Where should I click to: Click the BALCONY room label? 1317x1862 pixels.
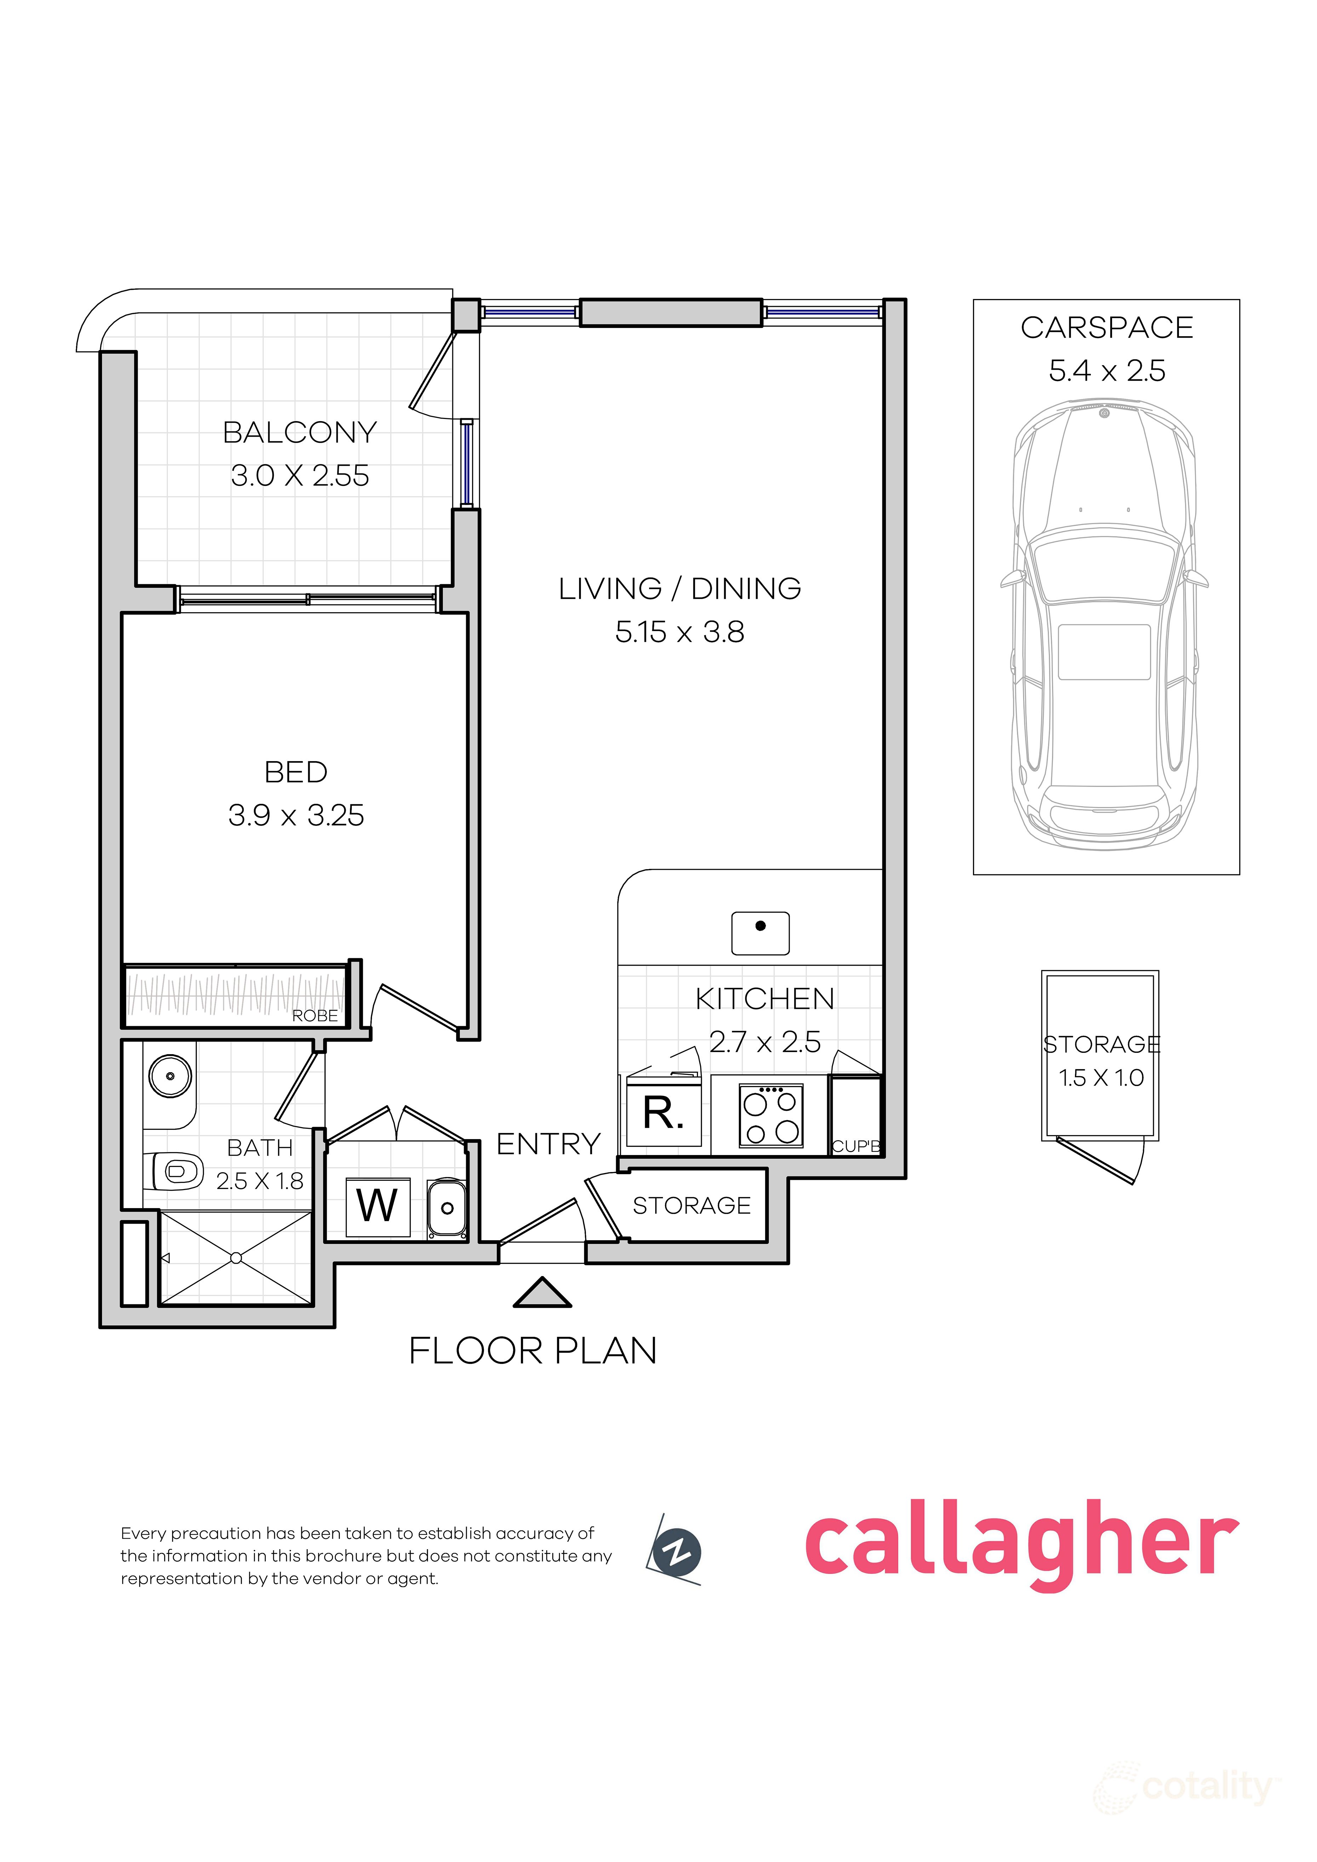point(300,432)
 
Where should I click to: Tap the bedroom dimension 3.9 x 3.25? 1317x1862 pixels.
point(296,815)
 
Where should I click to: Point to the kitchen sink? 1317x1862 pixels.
point(760,933)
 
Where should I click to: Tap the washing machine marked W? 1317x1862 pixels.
point(378,1207)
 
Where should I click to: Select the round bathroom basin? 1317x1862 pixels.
point(170,1076)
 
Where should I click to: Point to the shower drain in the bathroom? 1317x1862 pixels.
point(236,1258)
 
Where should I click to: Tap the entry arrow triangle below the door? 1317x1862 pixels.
point(543,1293)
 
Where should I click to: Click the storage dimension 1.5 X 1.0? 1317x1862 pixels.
point(1101,1078)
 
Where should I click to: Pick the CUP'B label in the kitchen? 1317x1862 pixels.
point(857,1146)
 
